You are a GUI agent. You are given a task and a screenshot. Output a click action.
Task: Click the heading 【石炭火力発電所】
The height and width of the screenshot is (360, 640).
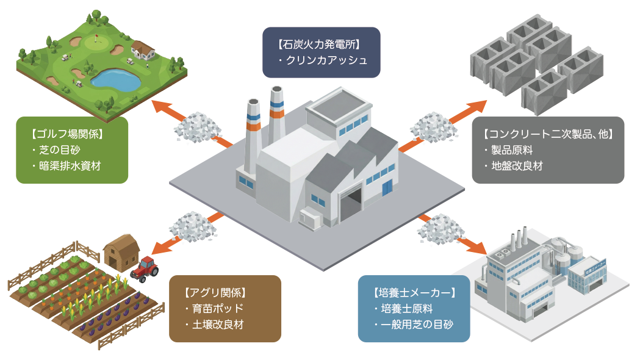(321, 45)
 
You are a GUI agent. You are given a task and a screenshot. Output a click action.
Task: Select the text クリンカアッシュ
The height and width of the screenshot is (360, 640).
(326, 60)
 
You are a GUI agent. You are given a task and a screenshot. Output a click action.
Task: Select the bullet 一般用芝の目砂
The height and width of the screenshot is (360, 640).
(416, 324)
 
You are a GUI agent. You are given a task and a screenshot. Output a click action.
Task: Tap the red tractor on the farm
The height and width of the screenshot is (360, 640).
(145, 268)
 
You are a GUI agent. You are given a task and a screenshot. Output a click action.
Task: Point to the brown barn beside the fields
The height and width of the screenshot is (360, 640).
(121, 252)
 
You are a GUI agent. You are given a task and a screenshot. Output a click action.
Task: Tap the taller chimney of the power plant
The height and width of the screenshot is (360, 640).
(276, 116)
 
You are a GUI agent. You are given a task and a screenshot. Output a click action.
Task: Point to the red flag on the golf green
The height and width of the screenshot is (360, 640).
(98, 38)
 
